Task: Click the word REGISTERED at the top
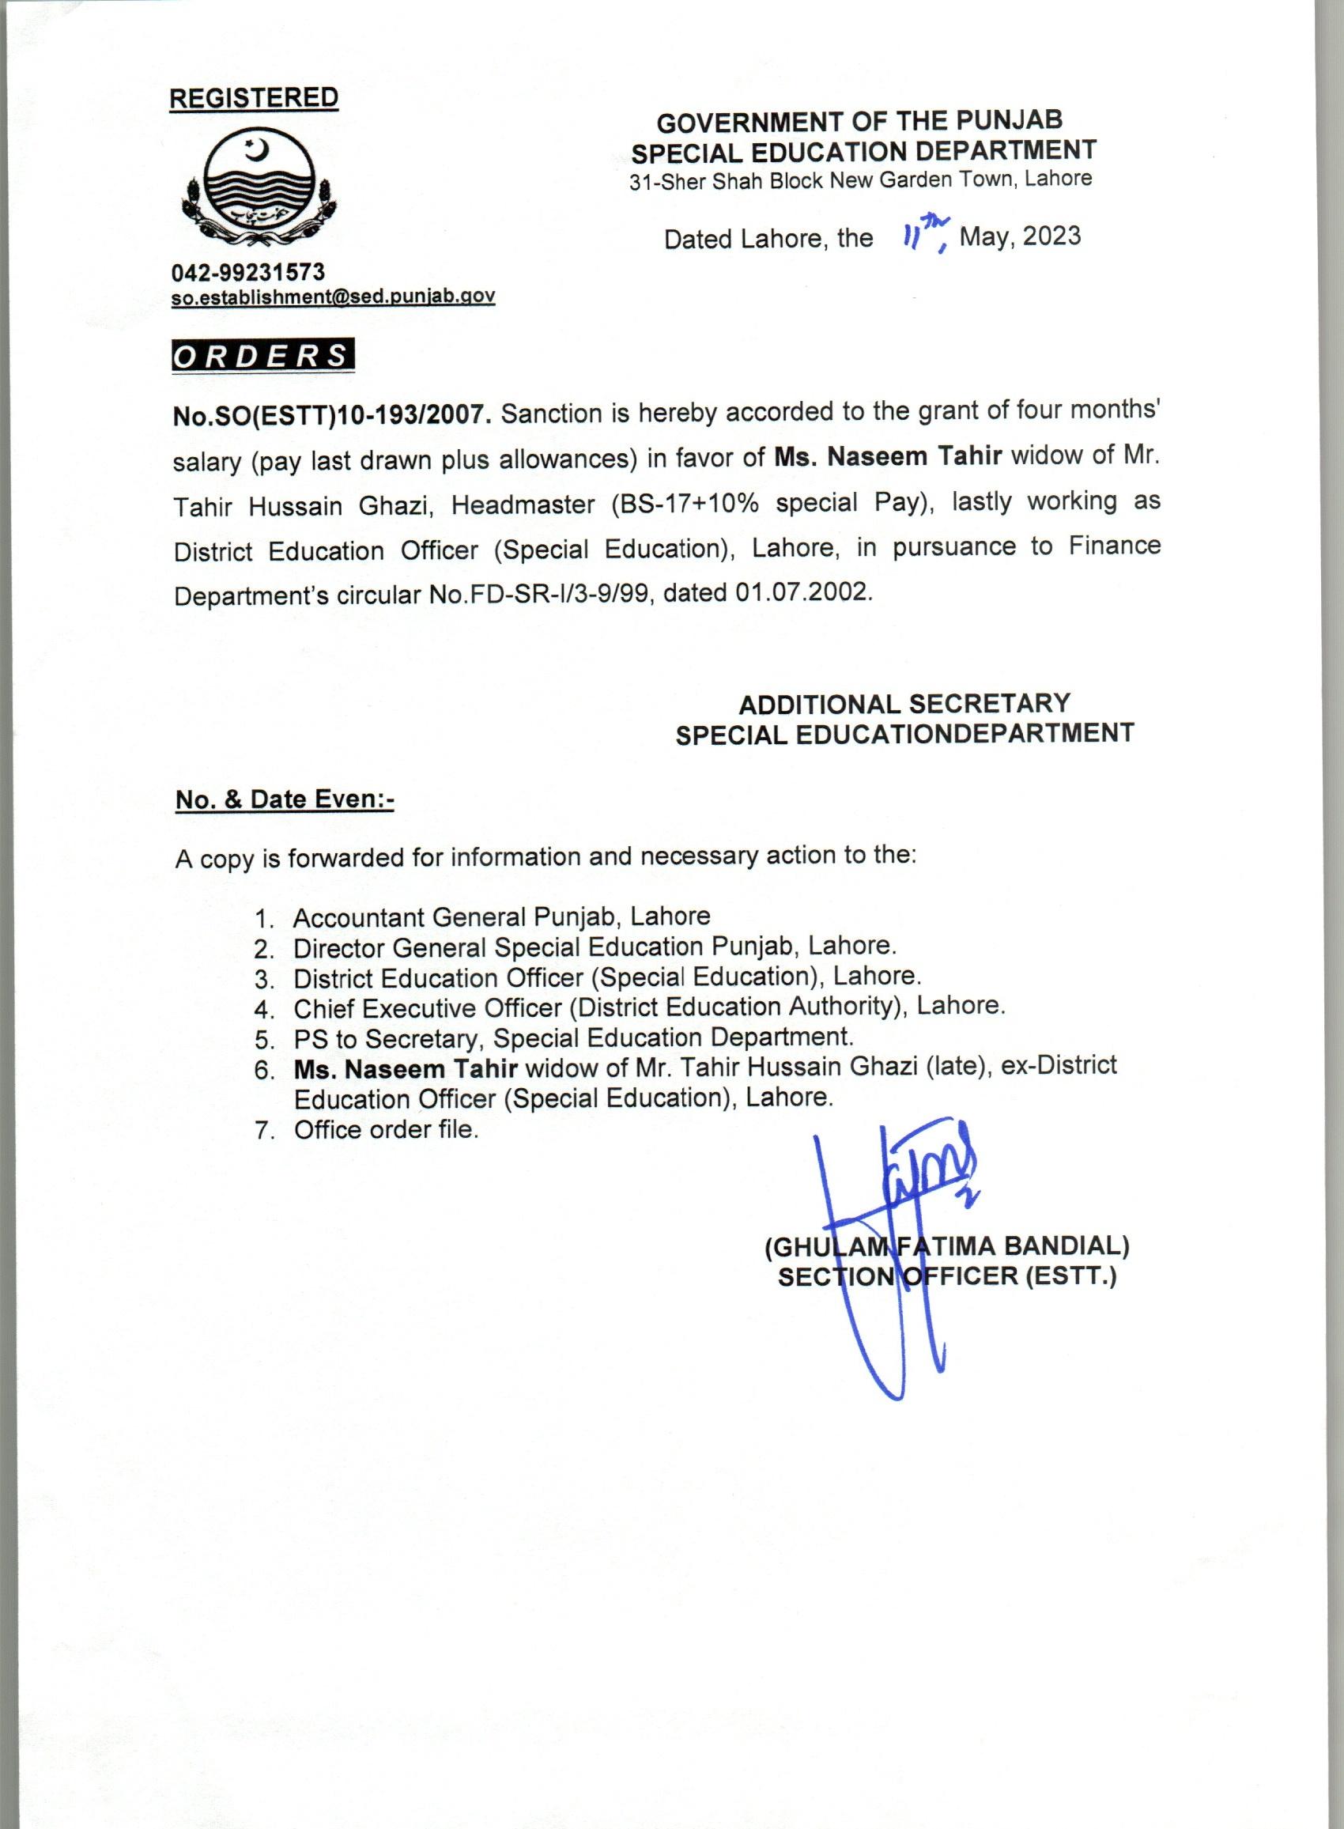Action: click(253, 98)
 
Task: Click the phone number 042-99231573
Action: click(248, 272)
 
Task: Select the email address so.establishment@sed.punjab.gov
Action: click(333, 297)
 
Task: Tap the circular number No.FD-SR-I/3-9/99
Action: click(538, 595)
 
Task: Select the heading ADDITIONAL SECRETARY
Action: click(904, 703)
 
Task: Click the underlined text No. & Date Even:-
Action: click(285, 799)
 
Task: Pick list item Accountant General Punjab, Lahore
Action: click(501, 917)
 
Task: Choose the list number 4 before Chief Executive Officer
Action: click(262, 1010)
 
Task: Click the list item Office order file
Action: click(387, 1130)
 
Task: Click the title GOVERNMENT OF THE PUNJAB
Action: click(859, 122)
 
